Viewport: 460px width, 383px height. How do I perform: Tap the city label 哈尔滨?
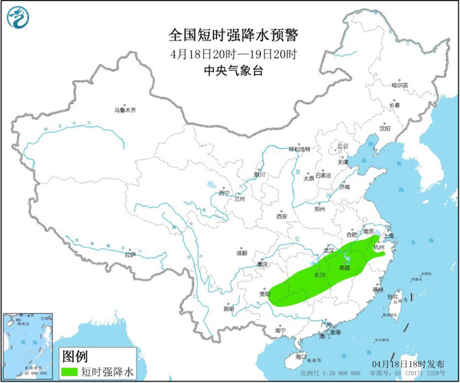[400, 85]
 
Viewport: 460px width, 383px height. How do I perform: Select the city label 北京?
[343, 146]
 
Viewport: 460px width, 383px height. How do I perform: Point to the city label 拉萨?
[129, 254]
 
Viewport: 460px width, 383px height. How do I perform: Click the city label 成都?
[242, 253]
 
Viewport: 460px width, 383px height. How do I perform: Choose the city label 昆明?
[228, 309]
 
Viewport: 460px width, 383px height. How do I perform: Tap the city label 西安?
[284, 216]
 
